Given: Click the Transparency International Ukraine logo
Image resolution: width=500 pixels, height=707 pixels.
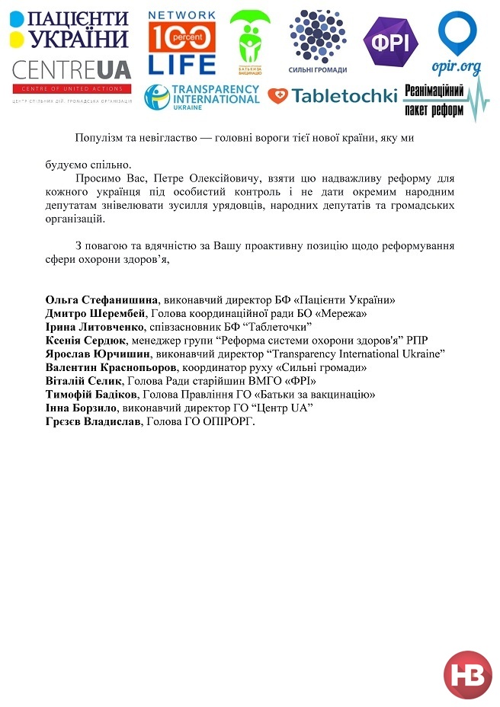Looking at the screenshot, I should pos(202,98).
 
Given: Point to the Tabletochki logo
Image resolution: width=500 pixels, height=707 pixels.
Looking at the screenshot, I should pos(332,96).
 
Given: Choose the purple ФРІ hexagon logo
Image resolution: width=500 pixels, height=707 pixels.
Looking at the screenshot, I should pos(390,42).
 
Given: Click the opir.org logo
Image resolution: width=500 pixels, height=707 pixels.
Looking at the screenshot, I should pos(457,43).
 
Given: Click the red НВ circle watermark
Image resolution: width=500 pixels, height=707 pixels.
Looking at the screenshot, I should pos(468,675).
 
